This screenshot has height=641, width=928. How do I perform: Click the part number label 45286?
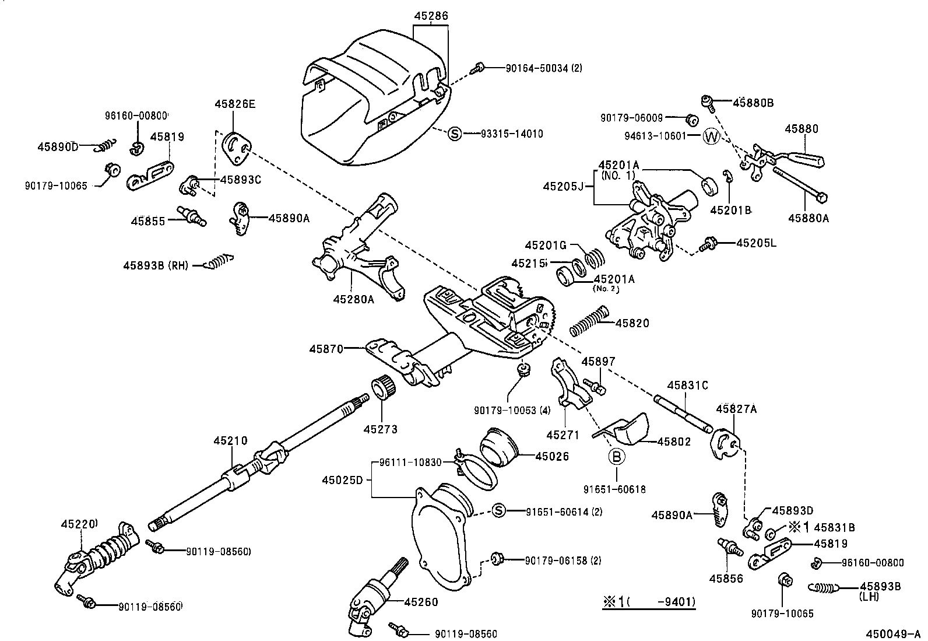tap(431, 16)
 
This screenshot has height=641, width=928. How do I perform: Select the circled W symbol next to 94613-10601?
tap(711, 136)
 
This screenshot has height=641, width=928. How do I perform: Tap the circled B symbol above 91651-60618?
tap(617, 457)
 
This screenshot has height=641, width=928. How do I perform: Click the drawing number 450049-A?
tap(892, 632)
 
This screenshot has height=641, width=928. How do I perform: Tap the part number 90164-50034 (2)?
tap(543, 68)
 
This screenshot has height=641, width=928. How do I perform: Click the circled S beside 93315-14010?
tap(454, 134)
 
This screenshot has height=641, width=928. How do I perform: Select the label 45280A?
tap(353, 299)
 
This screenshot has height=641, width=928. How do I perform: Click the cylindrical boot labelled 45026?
tap(500, 447)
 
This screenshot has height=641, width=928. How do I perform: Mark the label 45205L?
tap(756, 243)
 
